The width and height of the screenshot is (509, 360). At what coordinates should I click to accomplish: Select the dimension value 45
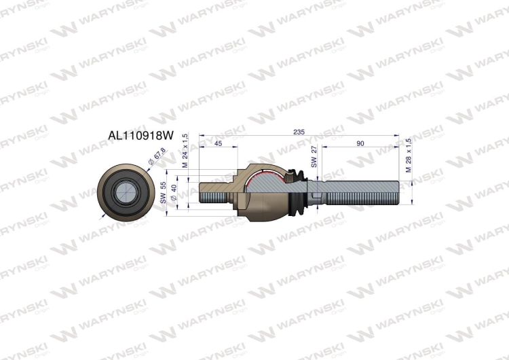coord(219,144)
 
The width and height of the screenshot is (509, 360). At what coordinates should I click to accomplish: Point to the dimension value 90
coord(360,144)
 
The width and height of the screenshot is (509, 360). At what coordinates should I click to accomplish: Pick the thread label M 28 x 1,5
coord(408,155)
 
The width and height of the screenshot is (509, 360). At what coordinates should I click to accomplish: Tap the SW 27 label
coord(314,157)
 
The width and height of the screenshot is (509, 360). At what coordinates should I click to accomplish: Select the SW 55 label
coord(163,193)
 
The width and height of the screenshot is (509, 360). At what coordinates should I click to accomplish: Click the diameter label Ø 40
coord(174,192)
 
